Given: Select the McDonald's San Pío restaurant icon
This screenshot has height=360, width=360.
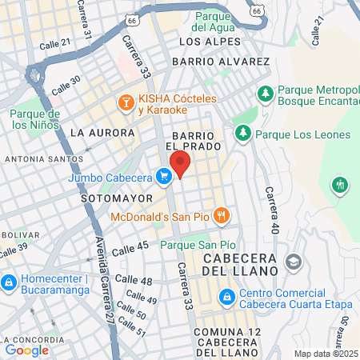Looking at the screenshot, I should (222, 214).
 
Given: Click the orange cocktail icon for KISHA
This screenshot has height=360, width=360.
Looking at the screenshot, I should (126, 102).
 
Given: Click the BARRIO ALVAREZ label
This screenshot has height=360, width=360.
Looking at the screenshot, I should (230, 62).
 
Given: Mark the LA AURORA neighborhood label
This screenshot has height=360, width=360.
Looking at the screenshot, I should (102, 132).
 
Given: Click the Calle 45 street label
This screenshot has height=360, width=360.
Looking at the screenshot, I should (130, 250).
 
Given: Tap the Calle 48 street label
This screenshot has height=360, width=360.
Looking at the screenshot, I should (134, 281).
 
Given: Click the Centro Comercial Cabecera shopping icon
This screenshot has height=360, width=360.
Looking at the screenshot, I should (227, 298).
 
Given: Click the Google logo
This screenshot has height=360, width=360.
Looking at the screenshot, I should (26, 350).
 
